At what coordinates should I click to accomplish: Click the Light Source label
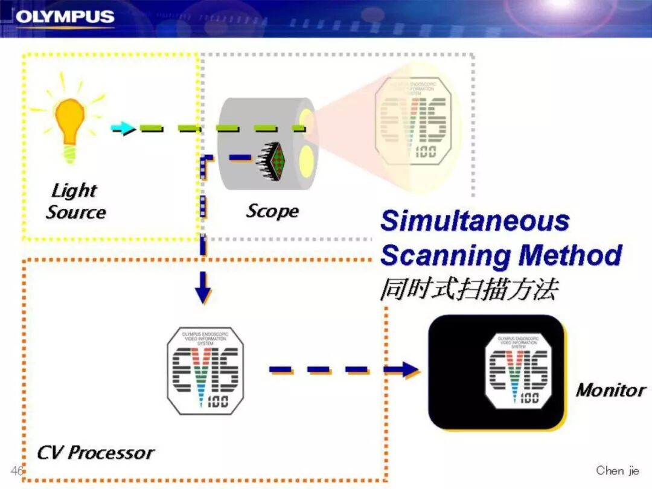coord(75,202)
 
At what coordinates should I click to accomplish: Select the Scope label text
coord(272,211)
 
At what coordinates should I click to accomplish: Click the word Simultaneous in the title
coord(475,221)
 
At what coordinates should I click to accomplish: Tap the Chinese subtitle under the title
coord(468,290)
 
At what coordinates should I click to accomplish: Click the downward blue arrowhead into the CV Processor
coord(203,293)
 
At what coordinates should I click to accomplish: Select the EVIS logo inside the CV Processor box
coord(206,371)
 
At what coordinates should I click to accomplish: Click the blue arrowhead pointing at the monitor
coord(408,369)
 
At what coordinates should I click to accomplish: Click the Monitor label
coord(610,390)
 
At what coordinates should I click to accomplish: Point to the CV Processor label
coord(95,452)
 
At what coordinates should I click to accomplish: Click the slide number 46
coord(16,470)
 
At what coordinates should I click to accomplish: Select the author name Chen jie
coord(617,470)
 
